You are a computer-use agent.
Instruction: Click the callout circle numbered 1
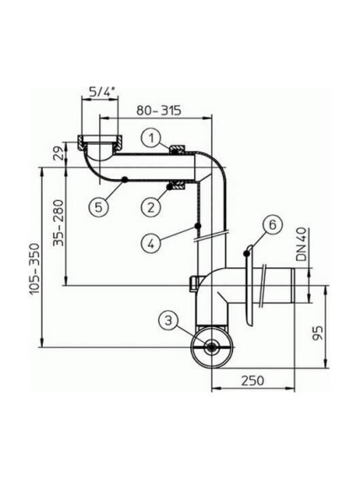(151, 139)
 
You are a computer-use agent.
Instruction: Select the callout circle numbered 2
(151, 208)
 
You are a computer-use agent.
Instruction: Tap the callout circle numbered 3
(168, 320)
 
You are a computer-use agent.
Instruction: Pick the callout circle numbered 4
(151, 244)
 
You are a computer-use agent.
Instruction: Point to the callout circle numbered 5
(98, 208)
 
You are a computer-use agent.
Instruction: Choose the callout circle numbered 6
(272, 224)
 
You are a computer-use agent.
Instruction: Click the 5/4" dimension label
(101, 92)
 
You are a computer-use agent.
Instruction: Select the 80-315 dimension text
(159, 110)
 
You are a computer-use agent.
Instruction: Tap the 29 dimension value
(61, 154)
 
